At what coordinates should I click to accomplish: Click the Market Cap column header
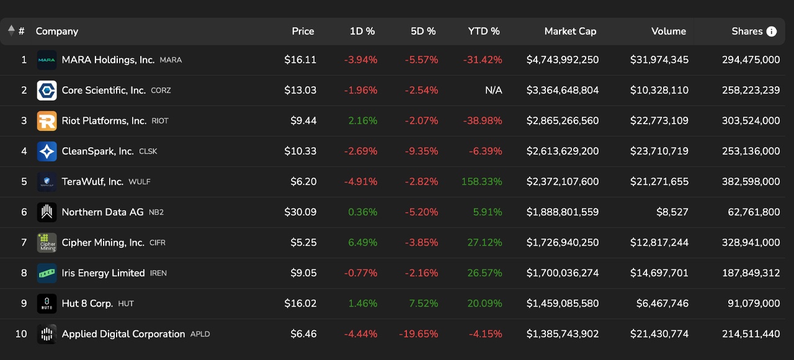click(570, 31)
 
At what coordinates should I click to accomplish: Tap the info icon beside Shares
click(772, 32)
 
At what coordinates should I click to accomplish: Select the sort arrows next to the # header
click(11, 31)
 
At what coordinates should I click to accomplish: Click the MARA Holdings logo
click(47, 60)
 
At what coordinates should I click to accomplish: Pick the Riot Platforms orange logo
click(47, 121)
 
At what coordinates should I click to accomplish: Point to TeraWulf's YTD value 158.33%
click(481, 182)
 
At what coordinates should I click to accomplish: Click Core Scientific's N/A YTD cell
click(493, 91)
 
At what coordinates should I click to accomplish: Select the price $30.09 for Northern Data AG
click(300, 212)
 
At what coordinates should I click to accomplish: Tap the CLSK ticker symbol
click(148, 151)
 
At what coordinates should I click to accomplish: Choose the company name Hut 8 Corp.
click(87, 304)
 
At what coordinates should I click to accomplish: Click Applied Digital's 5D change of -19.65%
click(418, 334)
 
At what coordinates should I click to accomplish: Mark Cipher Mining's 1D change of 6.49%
click(362, 243)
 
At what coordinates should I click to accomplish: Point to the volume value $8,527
click(672, 212)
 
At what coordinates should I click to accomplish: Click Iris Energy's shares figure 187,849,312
click(751, 273)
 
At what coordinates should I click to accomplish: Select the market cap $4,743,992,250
click(563, 60)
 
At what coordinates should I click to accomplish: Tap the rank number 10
click(21, 334)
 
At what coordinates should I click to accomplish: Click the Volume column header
click(668, 31)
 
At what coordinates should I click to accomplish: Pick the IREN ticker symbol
click(158, 273)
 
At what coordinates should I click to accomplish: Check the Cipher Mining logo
click(47, 243)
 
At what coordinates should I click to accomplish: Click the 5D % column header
click(423, 31)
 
